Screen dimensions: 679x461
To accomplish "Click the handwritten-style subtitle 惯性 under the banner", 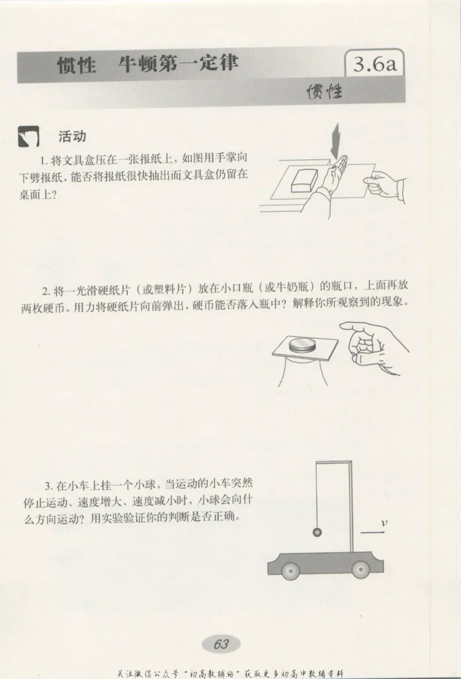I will tap(324, 91).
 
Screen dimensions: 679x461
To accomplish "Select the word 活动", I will tap(72, 137).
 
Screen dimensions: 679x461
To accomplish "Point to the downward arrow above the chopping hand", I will tap(335, 141).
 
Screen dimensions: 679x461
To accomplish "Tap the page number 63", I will tap(221, 644).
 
